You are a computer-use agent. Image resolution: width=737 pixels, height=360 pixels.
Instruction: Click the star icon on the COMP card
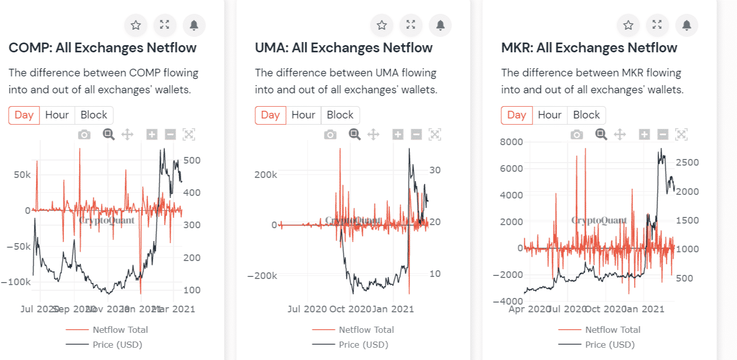135,25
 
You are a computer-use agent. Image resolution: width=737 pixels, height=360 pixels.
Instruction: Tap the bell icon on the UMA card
440,25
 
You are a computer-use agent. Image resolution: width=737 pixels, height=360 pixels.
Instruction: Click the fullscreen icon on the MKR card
657,25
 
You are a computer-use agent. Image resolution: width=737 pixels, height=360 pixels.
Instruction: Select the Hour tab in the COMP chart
57,115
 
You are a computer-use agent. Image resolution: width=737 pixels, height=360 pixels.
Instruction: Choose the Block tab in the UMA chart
340,115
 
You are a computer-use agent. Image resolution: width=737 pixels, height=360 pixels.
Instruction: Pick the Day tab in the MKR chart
517,115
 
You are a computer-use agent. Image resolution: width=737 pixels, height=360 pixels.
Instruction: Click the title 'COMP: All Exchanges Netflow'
103,48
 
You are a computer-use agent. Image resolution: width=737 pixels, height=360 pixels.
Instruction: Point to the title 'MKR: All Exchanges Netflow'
589,48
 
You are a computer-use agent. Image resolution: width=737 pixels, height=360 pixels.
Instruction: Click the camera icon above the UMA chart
331,135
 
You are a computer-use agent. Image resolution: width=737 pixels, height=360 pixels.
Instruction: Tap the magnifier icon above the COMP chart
108,134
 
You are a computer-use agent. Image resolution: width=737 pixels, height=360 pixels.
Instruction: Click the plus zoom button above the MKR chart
644,135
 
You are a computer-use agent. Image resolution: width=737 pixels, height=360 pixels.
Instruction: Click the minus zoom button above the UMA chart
417,135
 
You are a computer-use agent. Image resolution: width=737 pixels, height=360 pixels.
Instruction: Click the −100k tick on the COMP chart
16,282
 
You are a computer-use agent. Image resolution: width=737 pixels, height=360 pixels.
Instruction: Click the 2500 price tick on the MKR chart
686,163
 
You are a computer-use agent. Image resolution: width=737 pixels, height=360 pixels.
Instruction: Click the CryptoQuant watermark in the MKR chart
599,221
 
